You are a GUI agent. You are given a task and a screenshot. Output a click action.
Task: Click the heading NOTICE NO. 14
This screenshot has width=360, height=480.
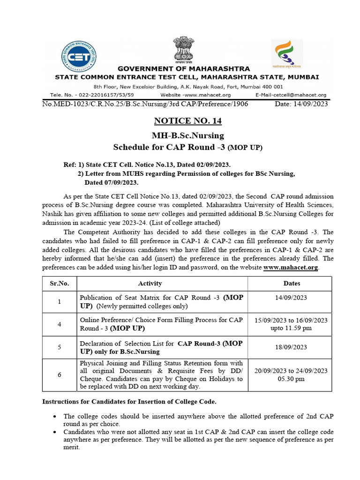point(187,121)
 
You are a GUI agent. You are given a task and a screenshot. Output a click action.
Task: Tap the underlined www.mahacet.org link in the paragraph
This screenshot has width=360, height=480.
point(291,267)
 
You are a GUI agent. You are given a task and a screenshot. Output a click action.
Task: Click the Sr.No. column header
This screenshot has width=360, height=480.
point(60,283)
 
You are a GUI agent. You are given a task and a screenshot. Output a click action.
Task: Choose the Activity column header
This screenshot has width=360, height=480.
point(150,283)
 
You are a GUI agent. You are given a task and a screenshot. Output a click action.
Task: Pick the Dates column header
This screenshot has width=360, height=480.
point(292,283)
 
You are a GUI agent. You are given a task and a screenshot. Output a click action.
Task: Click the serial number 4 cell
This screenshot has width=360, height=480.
point(60,324)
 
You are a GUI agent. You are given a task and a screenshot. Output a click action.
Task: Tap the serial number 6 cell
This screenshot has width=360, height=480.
point(60,375)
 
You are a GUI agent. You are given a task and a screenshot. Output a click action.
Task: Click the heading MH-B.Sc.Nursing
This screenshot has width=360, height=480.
point(187,136)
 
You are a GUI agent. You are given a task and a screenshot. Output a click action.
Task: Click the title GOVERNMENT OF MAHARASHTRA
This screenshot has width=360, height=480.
point(184,68)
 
